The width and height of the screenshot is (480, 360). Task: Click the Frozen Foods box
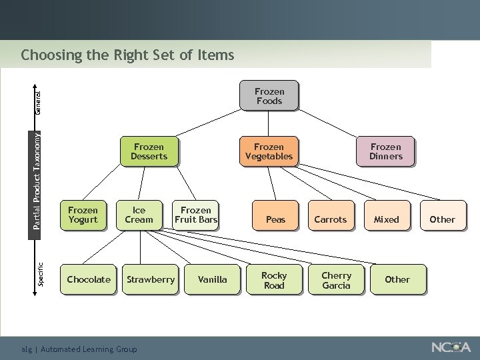click(269, 96)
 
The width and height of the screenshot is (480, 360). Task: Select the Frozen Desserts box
click(149, 151)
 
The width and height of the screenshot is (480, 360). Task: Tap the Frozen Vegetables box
click(269, 151)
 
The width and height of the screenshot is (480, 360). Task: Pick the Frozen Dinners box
click(386, 151)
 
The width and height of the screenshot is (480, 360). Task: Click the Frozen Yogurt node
click(83, 215)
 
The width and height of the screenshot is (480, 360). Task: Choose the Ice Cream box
click(139, 215)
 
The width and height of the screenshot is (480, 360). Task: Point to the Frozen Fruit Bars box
click(195, 215)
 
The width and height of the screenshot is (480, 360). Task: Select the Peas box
click(275, 219)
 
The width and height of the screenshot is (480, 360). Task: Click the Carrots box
click(331, 219)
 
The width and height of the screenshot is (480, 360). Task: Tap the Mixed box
click(386, 219)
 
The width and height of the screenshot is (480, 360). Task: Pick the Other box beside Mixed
click(442, 219)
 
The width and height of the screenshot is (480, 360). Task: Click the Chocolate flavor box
click(89, 279)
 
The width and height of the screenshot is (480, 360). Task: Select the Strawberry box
click(151, 279)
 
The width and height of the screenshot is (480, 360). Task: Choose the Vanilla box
click(213, 279)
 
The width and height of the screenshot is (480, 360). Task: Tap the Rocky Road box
click(274, 280)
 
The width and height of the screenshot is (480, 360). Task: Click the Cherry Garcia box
click(336, 280)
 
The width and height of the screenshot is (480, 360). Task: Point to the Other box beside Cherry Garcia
click(397, 279)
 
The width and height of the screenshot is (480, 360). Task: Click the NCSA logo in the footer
click(451, 347)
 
